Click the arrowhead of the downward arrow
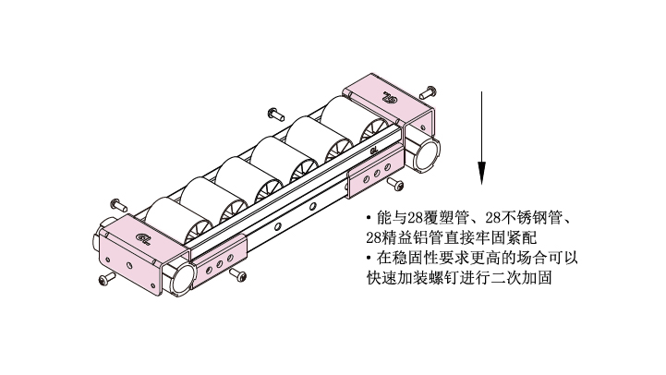click(481, 173)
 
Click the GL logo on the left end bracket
click(143, 238)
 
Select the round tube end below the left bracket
click(182, 278)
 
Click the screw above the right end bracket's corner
click(428, 92)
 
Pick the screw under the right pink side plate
click(395, 184)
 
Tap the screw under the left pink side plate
click(238, 274)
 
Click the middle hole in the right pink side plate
click(377, 174)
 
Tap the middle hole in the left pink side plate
click(220, 264)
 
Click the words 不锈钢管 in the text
click(530, 218)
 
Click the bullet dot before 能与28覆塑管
click(369, 218)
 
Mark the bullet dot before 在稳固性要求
click(369, 258)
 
